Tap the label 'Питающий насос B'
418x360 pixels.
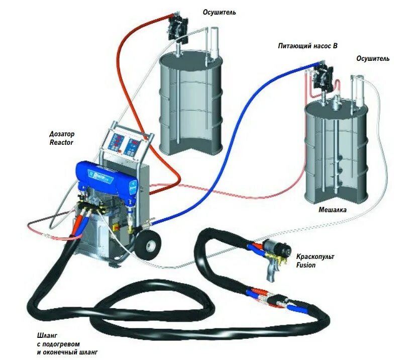click(x=307, y=45)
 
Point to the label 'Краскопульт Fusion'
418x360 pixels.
click(x=315, y=260)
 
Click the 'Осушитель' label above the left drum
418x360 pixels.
click(x=219, y=12)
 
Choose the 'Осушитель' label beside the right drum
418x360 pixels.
click(x=373, y=58)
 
